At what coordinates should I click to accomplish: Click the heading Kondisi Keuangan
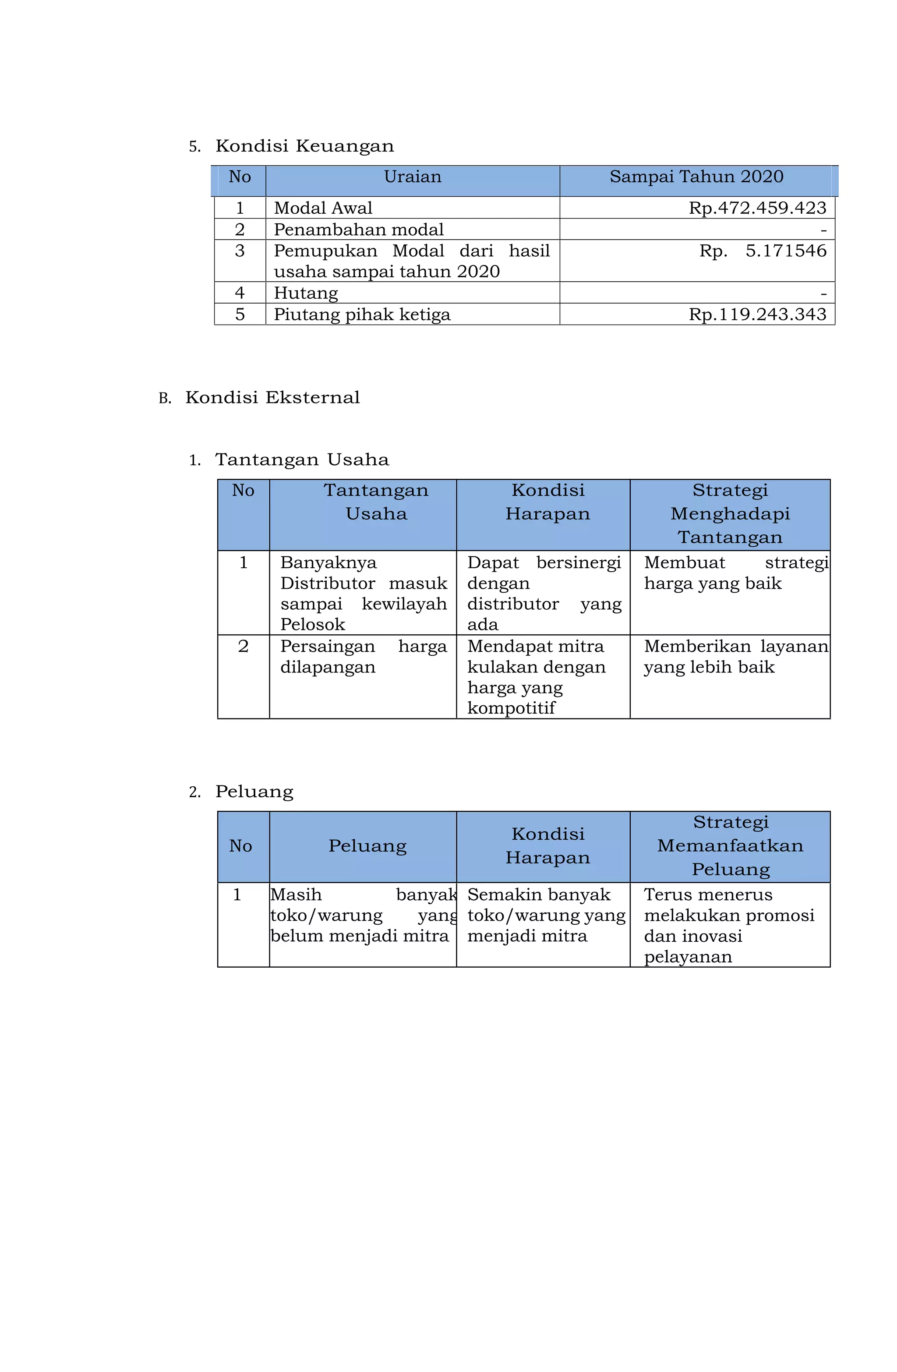tap(304, 146)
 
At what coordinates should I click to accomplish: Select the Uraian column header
tap(412, 177)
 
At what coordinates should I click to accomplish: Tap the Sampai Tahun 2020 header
tap(696, 177)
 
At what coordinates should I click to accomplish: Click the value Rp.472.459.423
tap(757, 208)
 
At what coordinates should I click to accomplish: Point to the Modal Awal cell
tap(323, 208)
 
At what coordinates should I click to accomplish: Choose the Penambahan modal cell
tap(359, 230)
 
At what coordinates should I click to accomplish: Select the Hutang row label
tap(306, 293)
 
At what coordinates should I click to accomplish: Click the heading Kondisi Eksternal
tap(272, 398)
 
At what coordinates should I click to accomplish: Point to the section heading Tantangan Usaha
tap(302, 460)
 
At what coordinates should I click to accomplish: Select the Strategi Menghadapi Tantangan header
tap(730, 514)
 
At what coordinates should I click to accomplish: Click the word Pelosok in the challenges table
tap(312, 624)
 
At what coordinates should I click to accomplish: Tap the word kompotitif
tap(511, 708)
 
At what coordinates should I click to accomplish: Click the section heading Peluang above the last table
tap(254, 792)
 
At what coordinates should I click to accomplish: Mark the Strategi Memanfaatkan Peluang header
tap(730, 846)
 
